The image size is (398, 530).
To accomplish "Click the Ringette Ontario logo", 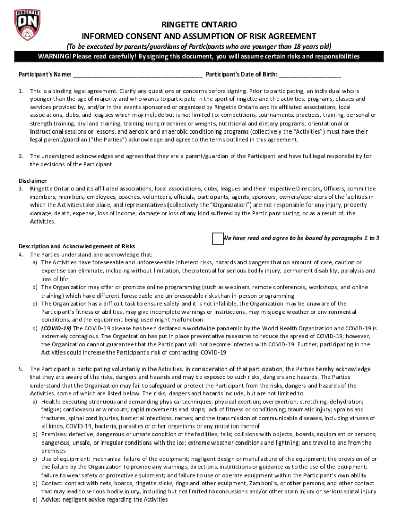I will click(x=28, y=26).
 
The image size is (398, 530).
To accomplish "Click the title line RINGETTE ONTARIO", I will click(x=199, y=25).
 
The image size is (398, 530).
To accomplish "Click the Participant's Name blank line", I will click(x=137, y=75).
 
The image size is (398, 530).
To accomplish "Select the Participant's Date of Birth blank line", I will click(x=310, y=75).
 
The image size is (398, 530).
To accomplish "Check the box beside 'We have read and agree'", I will click(x=218, y=238).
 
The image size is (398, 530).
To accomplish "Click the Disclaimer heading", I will click(x=33, y=181).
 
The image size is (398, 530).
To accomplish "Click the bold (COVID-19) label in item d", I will click(x=56, y=328).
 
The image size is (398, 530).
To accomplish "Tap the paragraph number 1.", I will click(x=21, y=91).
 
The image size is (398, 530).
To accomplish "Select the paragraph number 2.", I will click(x=21, y=156).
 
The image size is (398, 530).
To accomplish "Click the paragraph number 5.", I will click(x=21, y=369).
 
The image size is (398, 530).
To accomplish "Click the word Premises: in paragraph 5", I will click(x=54, y=434).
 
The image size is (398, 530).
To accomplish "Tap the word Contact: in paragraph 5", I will click(x=53, y=483).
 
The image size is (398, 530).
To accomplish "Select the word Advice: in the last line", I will click(x=52, y=499).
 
